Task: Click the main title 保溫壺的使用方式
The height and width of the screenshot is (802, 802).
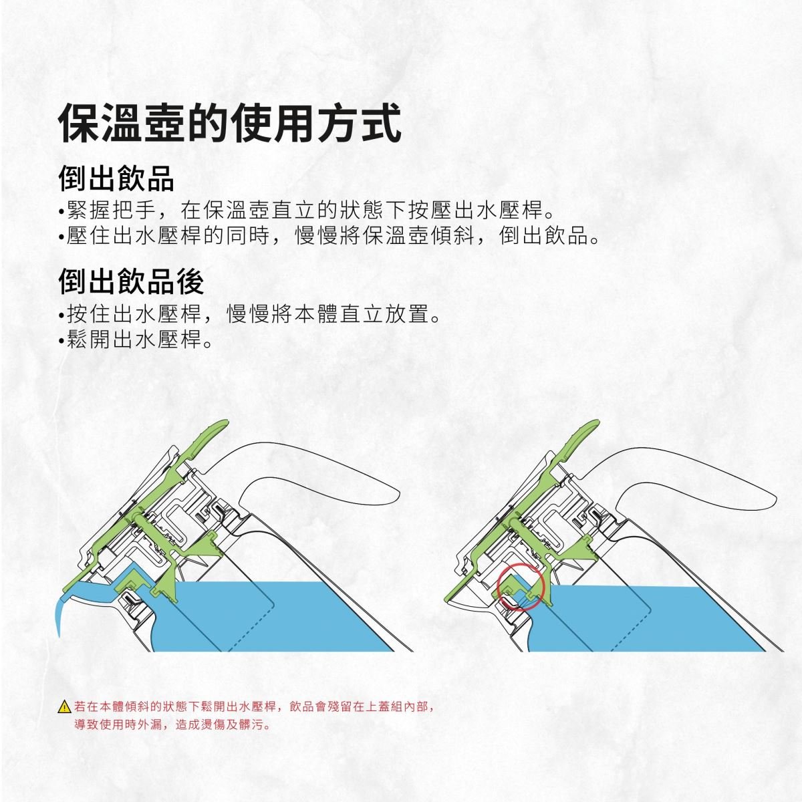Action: (x=230, y=123)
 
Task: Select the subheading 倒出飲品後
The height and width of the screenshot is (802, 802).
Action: (x=131, y=282)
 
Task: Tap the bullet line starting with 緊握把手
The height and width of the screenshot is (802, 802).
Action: (x=307, y=210)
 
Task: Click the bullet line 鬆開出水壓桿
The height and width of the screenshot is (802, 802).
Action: (x=136, y=340)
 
